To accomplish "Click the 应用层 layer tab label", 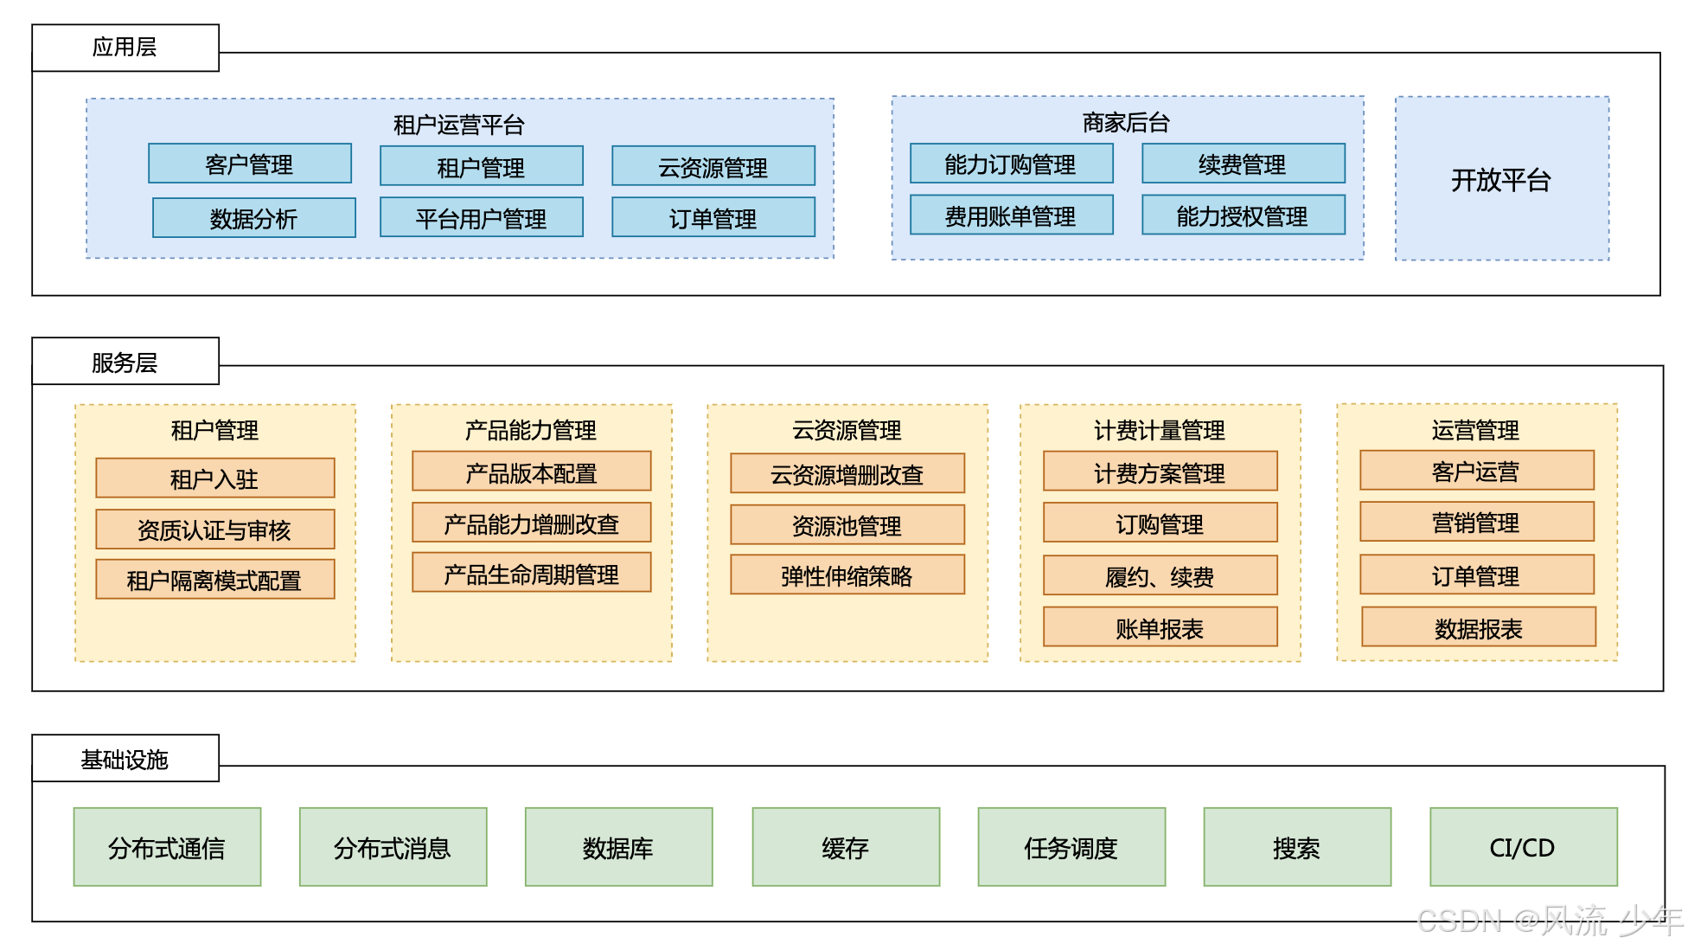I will click(x=125, y=48).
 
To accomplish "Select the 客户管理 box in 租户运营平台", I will click(x=249, y=164).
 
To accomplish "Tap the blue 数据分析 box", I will click(x=253, y=218).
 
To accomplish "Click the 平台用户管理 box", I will click(x=481, y=218).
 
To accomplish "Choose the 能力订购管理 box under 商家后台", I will click(x=1010, y=164).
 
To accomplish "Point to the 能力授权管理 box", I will click(x=1243, y=215).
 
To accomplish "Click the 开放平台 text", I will click(x=1500, y=180).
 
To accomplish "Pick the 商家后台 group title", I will click(x=1126, y=122).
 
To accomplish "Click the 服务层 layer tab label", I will click(x=125, y=362).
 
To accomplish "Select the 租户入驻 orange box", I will click(x=214, y=478).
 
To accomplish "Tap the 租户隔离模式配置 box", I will click(x=214, y=580).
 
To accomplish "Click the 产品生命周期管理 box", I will click(x=531, y=574).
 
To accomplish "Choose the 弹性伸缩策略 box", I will click(x=847, y=575).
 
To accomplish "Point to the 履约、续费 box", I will click(x=1160, y=576).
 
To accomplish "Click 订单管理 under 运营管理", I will click(x=1475, y=575).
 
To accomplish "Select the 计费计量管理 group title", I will click(x=1159, y=429).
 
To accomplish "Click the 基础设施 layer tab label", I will click(x=125, y=759).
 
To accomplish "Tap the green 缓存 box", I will click(x=845, y=847).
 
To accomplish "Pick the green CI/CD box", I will click(x=1522, y=847).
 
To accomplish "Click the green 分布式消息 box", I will click(x=393, y=847).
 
